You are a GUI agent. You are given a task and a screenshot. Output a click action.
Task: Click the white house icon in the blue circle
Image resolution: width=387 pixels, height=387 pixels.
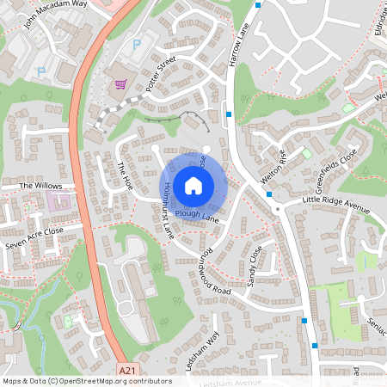click(193, 185)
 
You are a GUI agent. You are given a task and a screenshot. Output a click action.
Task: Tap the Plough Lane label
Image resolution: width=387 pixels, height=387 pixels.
click(196, 215)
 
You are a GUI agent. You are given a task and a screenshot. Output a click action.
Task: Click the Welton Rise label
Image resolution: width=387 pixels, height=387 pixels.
click(273, 166)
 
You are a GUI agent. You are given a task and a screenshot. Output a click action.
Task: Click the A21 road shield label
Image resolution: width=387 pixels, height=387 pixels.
click(128, 370)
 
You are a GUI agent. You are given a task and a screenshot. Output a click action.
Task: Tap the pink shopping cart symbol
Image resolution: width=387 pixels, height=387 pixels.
click(120, 84)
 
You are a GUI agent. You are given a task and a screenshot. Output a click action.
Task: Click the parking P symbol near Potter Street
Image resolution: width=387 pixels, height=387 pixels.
click(135, 43)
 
